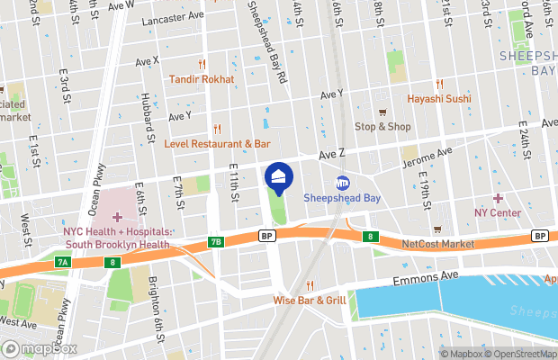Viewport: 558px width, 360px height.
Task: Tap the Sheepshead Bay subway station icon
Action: pos(342,184)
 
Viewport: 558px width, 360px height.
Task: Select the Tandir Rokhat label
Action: pos(202,79)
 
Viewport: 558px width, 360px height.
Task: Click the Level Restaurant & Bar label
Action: pos(217,143)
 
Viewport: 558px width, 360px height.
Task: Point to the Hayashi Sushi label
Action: pos(439,98)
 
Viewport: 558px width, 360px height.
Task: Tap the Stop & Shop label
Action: pos(382,126)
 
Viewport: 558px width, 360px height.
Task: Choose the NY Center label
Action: pos(498,212)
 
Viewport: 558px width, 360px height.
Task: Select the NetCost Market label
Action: pos(437,244)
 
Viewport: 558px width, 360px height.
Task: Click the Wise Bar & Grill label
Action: pos(310,300)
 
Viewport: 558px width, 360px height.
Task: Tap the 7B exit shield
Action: pos(215,241)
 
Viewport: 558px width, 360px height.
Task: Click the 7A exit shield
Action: pos(62,262)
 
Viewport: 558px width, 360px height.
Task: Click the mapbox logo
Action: pos(38,348)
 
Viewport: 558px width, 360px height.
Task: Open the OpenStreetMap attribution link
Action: pos(521,354)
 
